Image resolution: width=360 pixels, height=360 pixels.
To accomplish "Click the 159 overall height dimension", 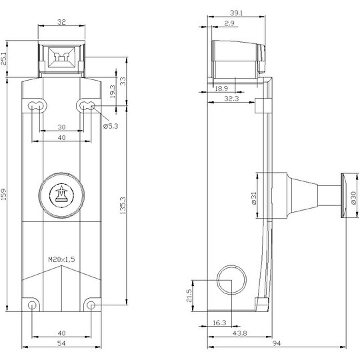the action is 4,194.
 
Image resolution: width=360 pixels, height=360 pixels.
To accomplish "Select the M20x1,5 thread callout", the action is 61,259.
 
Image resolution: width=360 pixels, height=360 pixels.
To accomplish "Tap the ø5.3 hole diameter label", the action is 111,126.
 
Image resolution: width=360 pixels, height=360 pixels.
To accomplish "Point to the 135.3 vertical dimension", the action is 123,205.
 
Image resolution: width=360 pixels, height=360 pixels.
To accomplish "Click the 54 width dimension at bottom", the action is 61,343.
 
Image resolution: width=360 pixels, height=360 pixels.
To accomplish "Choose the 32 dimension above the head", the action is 61,22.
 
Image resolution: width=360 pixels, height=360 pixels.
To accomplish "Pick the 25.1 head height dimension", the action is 4,59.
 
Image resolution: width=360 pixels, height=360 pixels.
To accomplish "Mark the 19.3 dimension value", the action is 113,91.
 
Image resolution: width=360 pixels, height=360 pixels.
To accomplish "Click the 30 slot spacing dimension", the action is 61,127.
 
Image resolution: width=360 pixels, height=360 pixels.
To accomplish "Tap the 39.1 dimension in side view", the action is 237,13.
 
